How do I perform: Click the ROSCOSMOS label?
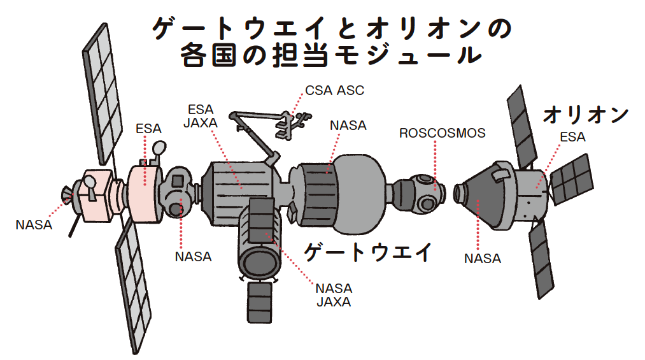442,133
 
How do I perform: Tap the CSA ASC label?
334,90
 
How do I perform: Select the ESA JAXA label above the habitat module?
201,115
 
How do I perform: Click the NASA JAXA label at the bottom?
334,295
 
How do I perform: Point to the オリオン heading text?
585,115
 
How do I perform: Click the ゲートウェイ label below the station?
367,252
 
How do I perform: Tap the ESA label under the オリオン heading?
572,137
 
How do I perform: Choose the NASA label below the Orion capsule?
482,259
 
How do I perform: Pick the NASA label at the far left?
33,224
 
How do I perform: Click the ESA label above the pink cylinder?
148,129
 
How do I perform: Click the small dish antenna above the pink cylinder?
158,150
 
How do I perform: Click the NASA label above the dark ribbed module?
348,126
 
